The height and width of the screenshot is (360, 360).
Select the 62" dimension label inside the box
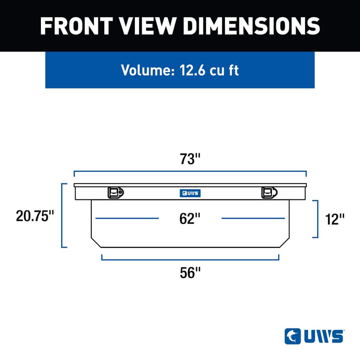(189, 219)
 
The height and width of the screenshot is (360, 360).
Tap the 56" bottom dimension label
(189, 272)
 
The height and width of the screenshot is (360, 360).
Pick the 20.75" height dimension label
(35, 216)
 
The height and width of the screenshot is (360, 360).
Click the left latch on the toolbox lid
(116, 193)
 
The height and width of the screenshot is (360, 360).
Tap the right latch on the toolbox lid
(269, 193)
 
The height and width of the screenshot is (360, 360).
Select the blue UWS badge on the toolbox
(190, 193)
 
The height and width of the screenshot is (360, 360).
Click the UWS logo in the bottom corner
(314, 336)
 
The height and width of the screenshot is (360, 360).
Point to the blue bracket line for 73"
(190, 171)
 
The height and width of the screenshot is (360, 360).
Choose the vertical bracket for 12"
(318, 219)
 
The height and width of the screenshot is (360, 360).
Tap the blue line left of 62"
(127, 218)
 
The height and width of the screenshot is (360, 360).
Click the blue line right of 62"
(253, 218)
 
